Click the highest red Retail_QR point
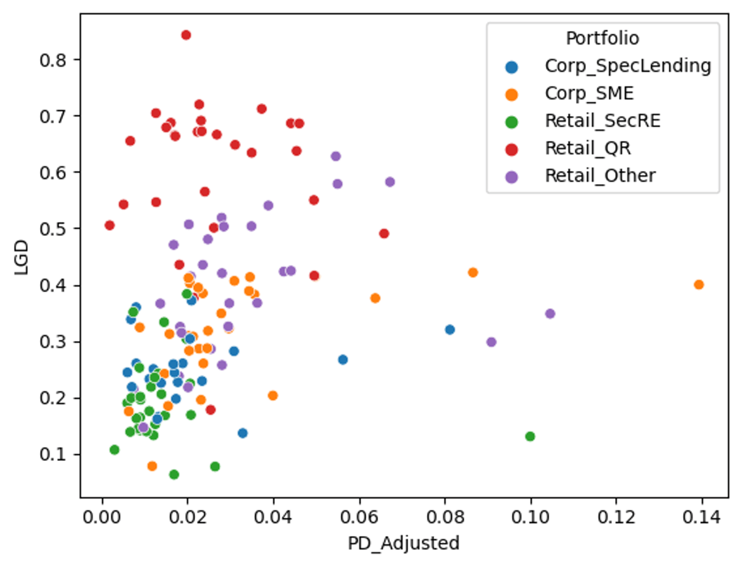click(x=186, y=35)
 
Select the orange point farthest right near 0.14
click(x=699, y=285)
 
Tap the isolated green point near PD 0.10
click(x=530, y=437)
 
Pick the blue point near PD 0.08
click(x=450, y=330)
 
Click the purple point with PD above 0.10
click(x=550, y=314)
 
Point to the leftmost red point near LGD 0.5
click(x=110, y=225)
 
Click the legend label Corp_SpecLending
click(x=627, y=65)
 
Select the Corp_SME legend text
click(x=589, y=93)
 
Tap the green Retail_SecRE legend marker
click(x=512, y=121)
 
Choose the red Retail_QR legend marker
click(x=512, y=148)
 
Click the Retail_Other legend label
click(x=600, y=176)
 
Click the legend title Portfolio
click(x=602, y=38)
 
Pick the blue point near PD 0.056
click(x=343, y=359)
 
